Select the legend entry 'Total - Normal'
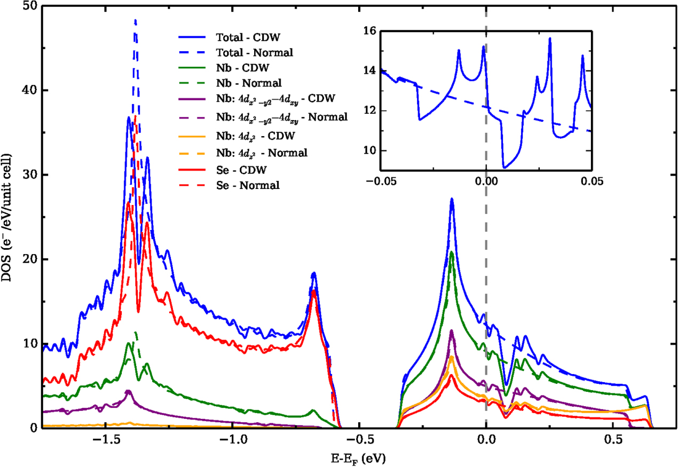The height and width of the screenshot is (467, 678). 254,53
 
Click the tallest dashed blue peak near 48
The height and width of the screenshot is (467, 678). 135,20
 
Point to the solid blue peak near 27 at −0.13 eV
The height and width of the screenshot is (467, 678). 452,199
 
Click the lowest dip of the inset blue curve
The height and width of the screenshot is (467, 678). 503,168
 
